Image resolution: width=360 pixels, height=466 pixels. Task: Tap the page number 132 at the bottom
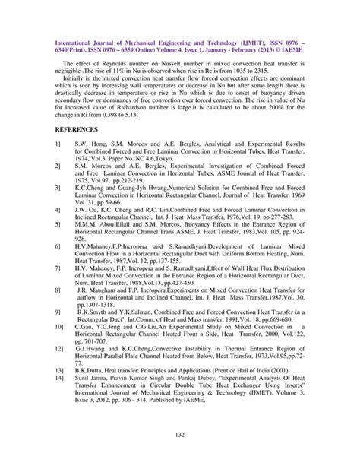(x=180, y=434)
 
